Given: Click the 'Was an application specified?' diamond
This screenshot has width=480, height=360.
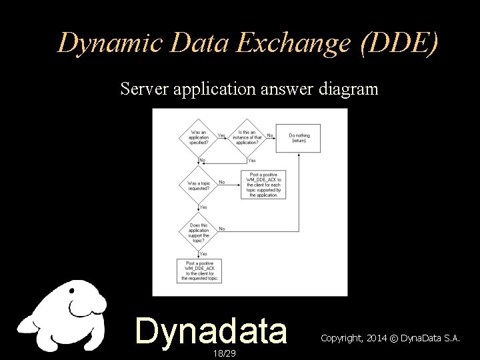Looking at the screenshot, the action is pyautogui.click(x=199, y=136).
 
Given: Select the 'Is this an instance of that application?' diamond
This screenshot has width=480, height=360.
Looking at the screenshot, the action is pyautogui.click(x=247, y=136).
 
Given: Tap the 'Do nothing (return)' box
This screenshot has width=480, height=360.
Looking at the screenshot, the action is pyautogui.click(x=299, y=137).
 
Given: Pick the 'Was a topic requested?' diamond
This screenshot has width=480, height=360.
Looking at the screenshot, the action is pyautogui.click(x=199, y=185).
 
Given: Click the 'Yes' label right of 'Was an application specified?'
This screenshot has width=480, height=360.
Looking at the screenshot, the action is pyautogui.click(x=221, y=135).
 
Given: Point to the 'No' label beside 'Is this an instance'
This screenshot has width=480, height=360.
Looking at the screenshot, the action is pyautogui.click(x=270, y=135).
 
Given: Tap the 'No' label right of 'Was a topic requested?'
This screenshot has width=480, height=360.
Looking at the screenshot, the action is pyautogui.click(x=222, y=182).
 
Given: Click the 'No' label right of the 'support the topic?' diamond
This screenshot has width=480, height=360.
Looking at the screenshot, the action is pyautogui.click(x=222, y=229).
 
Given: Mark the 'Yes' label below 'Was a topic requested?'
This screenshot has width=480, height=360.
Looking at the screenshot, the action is pyautogui.click(x=203, y=207).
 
